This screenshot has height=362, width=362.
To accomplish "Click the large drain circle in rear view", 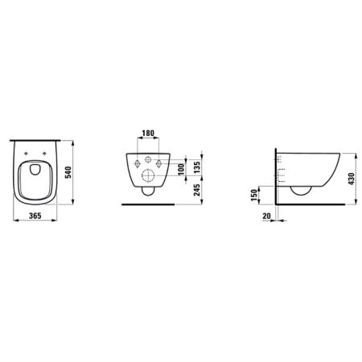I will [148, 177].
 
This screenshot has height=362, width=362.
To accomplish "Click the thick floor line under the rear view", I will [147, 204].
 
